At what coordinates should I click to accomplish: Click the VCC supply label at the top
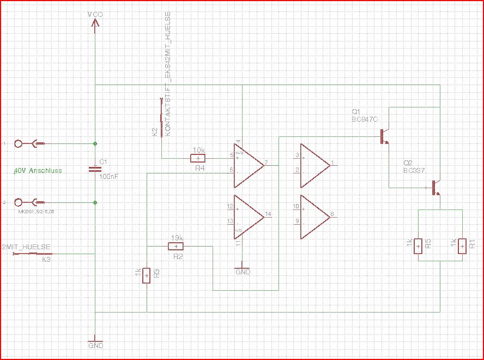pos(95,13)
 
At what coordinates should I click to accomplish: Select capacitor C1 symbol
pos(95,170)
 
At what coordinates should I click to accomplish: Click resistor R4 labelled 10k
pos(198,158)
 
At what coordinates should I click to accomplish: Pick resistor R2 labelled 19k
pos(176,246)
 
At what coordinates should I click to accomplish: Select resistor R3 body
pos(147,276)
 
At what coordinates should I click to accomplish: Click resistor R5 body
pos(418,247)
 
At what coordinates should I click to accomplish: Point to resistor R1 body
pos(462,247)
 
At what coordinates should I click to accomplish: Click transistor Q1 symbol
pos(385,136)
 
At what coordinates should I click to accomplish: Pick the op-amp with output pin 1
pos(314,164)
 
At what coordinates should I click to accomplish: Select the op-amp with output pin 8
pos(314,217)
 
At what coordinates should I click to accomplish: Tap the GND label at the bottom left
pos(95,346)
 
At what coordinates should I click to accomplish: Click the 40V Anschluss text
pos(38,171)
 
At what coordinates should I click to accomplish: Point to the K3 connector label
pos(46,260)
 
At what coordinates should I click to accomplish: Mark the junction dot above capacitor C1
pos(95,143)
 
